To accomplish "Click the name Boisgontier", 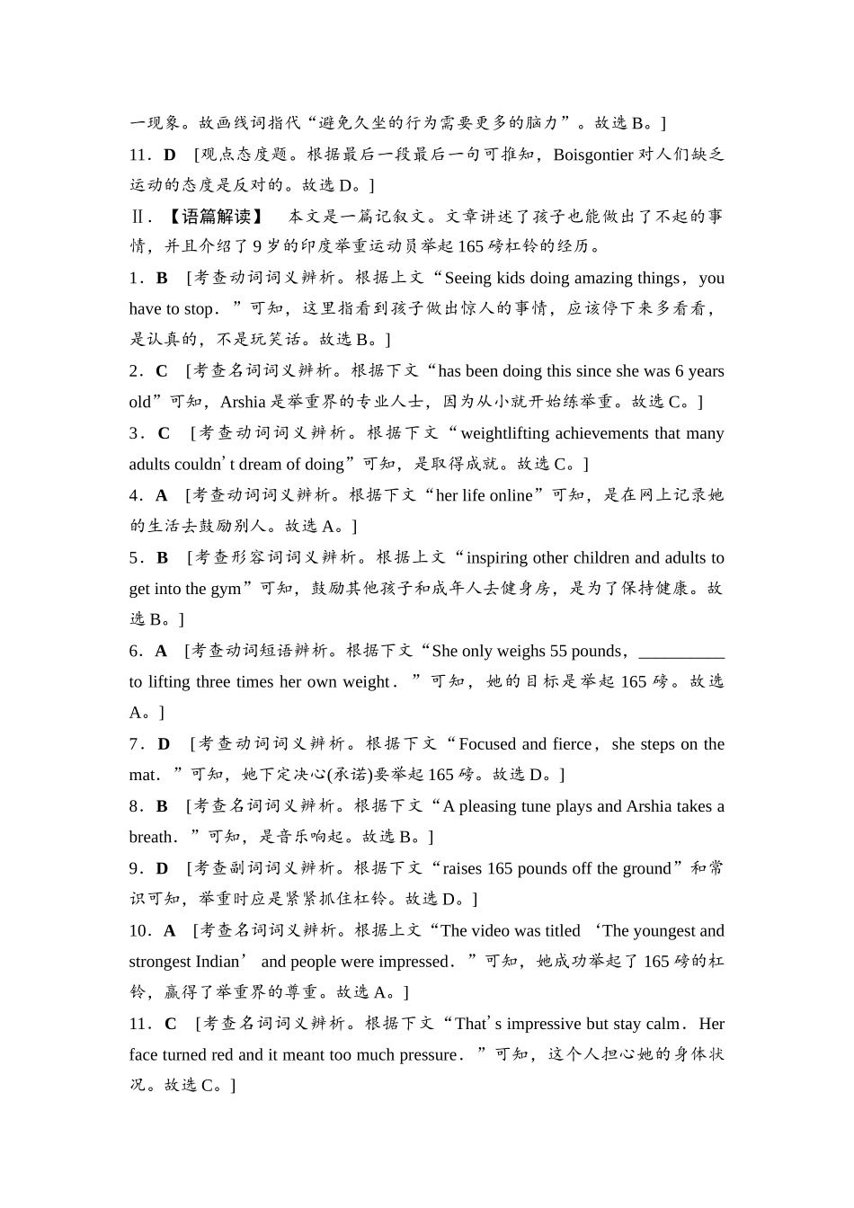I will click(593, 155).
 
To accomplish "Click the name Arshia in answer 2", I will click(243, 402).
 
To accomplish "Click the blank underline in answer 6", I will click(680, 652).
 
